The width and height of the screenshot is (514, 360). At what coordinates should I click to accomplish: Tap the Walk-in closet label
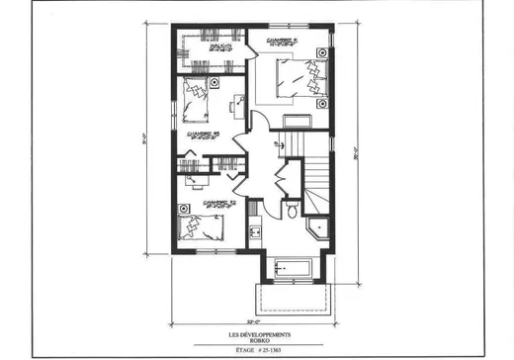pyautogui.click(x=219, y=45)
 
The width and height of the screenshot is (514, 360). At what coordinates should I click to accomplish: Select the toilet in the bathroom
pyautogui.click(x=292, y=211)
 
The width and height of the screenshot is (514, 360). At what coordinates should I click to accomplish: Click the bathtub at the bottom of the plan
pyautogui.click(x=294, y=266)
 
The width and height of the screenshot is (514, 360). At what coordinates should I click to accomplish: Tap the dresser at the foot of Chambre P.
pyautogui.click(x=297, y=121)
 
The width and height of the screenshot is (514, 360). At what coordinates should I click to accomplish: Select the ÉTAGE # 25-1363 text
pyautogui.click(x=257, y=348)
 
